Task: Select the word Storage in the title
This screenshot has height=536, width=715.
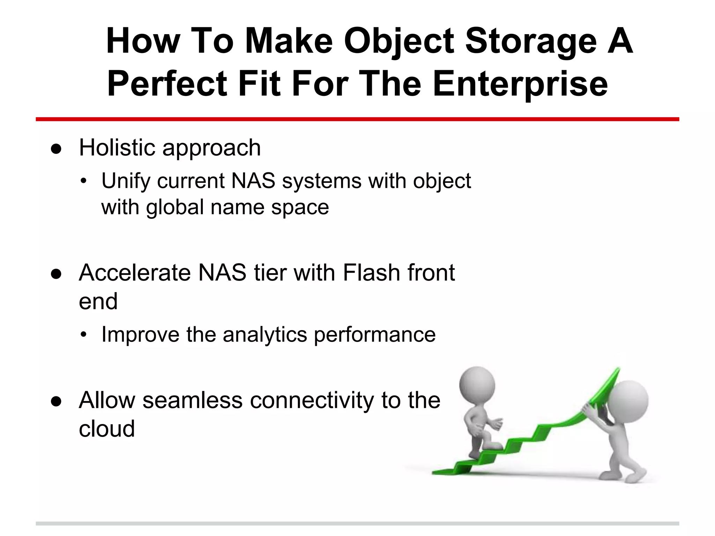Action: point(531,42)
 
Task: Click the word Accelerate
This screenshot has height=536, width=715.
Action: point(134,273)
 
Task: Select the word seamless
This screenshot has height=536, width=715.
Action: point(192,400)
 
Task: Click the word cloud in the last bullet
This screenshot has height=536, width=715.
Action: point(106,429)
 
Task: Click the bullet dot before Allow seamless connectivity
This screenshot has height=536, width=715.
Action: point(56,402)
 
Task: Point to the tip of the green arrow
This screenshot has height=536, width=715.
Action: point(618,370)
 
